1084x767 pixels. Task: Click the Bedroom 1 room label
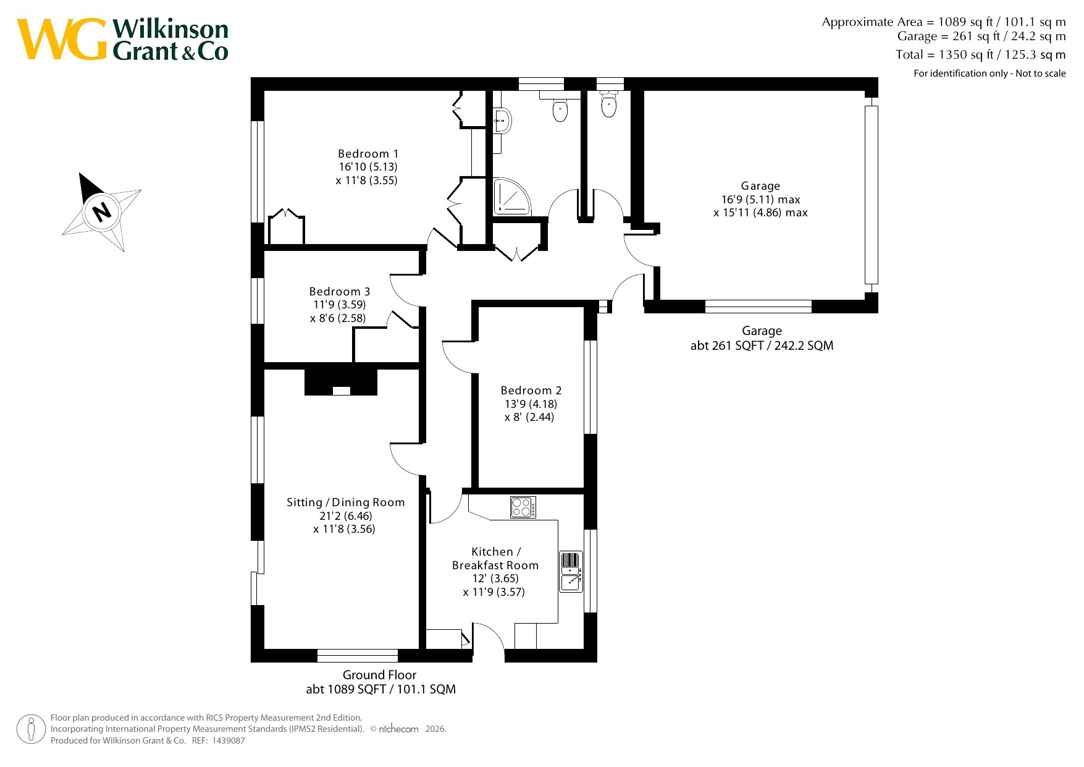(x=368, y=153)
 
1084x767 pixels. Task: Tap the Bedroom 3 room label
(x=340, y=291)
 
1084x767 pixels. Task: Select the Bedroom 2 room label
(x=531, y=390)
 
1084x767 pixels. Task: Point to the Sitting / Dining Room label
(x=346, y=502)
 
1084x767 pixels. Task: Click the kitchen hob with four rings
(x=523, y=507)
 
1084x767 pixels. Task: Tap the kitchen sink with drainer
(x=571, y=572)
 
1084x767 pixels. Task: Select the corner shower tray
(x=512, y=197)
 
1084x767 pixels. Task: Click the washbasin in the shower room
(x=502, y=120)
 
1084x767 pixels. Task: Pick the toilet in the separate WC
(x=609, y=105)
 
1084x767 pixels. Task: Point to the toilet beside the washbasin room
(x=560, y=109)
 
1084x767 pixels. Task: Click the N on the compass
(x=102, y=211)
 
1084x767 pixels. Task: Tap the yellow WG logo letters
(x=62, y=39)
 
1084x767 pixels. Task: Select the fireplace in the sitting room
(x=341, y=383)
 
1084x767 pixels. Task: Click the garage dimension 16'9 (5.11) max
(x=761, y=199)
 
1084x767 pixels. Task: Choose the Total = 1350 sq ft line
(x=981, y=54)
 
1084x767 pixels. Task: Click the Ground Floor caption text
(x=380, y=675)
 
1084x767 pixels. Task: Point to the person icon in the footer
(x=31, y=729)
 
